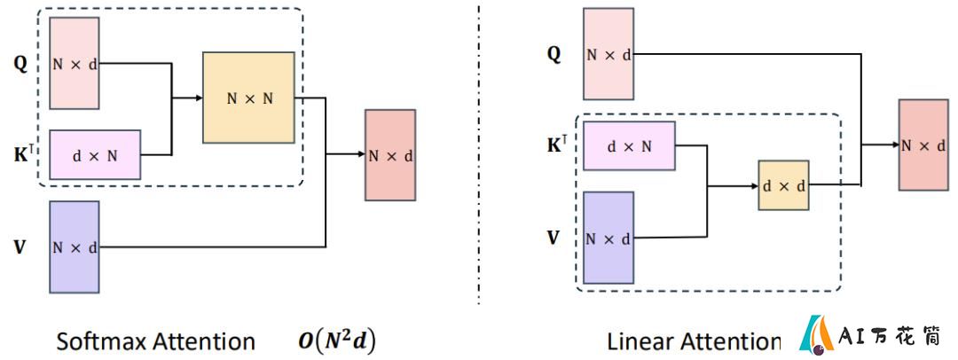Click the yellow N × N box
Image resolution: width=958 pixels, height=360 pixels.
click(248, 98)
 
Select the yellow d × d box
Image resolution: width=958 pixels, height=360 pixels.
click(783, 185)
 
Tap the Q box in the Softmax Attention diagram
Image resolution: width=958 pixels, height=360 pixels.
click(74, 63)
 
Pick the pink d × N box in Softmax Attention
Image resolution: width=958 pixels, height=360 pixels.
click(95, 154)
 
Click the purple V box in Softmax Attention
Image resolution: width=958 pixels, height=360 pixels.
click(74, 247)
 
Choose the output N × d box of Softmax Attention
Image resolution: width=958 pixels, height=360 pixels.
click(390, 155)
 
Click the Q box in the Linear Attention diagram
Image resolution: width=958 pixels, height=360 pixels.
click(609, 54)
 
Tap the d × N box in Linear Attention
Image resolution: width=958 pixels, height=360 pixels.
click(629, 145)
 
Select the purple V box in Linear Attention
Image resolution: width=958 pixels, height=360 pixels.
click(609, 238)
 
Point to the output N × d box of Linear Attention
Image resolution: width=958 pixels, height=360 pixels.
click(923, 145)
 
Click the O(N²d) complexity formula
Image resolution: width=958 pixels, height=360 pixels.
click(337, 340)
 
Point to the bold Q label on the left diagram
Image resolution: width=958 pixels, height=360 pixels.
click(20, 64)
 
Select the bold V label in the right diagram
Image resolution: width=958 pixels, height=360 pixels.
click(553, 237)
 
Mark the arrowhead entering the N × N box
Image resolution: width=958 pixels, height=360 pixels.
click(200, 98)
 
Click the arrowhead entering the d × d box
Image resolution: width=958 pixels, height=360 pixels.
click(755, 185)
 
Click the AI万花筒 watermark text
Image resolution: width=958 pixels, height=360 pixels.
click(890, 335)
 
